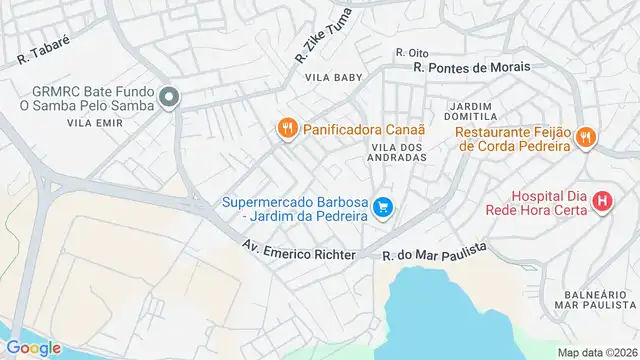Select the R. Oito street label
[x=411, y=53]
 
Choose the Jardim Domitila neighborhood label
[x=473, y=111]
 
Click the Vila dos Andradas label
[x=400, y=151]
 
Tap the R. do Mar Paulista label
[x=434, y=252]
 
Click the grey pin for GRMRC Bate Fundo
[x=169, y=97]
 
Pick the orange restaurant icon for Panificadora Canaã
[x=287, y=128]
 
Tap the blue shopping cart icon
[x=382, y=208]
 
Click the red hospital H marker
[x=602, y=201]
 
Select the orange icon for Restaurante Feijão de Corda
[x=586, y=138]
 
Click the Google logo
[x=34, y=347]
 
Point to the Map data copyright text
[x=596, y=352]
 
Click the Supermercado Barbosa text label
[x=296, y=208]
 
